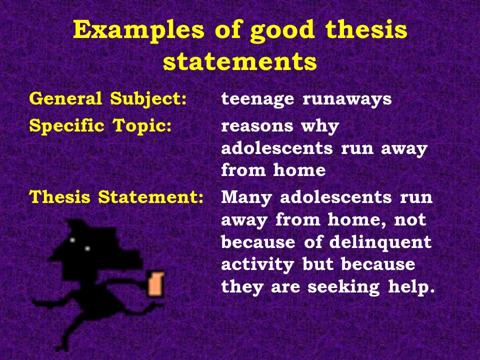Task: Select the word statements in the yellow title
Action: coord(239,61)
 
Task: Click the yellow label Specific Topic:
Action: coord(100,126)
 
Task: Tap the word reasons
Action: coord(257,126)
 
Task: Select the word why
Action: coord(320,125)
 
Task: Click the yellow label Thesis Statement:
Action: coord(116,197)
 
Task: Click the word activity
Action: coord(257,264)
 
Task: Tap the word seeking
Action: coord(344,287)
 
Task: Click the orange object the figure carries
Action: coord(155,283)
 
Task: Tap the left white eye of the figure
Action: coord(72,240)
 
